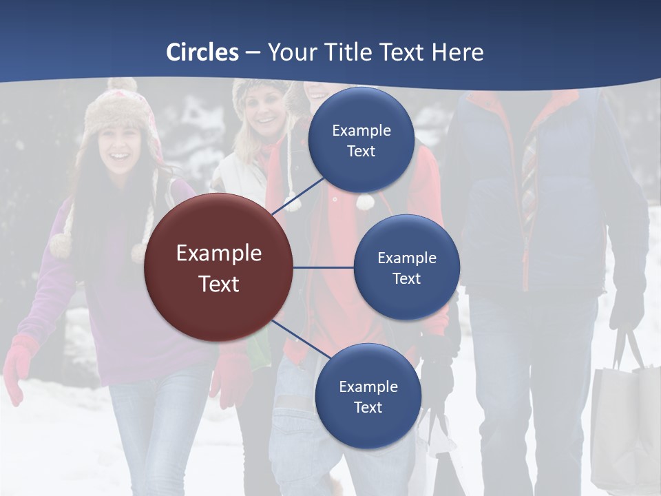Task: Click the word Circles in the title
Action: [202, 52]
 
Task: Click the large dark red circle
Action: [218, 267]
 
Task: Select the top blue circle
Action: [361, 141]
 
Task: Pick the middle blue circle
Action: [406, 267]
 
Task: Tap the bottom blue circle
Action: [368, 396]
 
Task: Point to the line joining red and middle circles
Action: [324, 267]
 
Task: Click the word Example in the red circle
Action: [218, 253]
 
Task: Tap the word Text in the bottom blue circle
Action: [368, 407]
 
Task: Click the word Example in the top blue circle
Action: [361, 130]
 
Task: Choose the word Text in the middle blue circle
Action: [406, 278]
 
